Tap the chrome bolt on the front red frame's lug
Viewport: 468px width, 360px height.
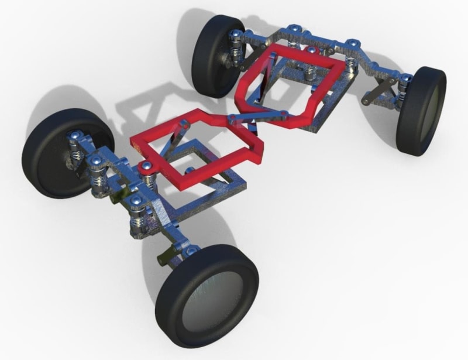144,169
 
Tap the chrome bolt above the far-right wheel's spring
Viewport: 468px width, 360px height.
404,78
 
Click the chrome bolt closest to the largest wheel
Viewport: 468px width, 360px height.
191,251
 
